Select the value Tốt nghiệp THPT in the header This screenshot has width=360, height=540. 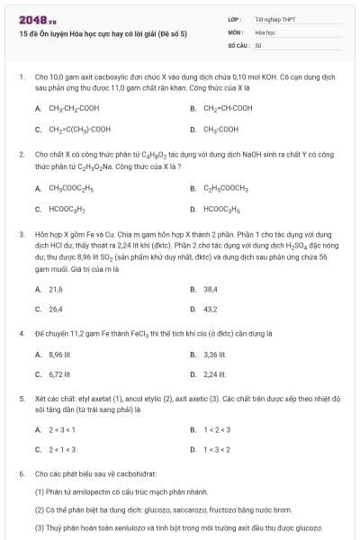coord(274,19)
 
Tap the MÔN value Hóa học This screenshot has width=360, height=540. coord(264,31)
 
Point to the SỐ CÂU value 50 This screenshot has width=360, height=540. coord(258,44)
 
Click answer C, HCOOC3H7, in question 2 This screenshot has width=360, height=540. coord(60,209)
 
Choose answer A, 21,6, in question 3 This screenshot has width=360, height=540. coord(55,289)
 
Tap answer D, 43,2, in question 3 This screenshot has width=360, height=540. coord(211,310)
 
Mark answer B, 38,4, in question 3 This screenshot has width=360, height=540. coord(211,289)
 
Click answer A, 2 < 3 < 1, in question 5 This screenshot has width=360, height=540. coord(62,428)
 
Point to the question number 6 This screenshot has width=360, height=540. coord(21,473)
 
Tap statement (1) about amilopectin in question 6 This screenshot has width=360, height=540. coord(121,492)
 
